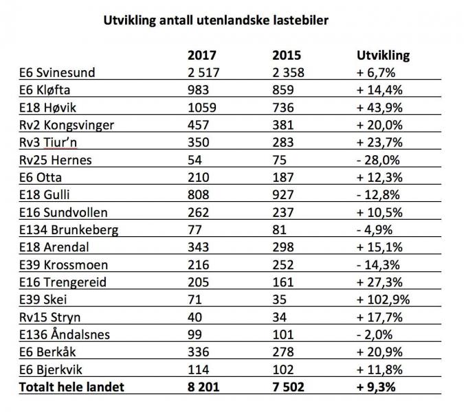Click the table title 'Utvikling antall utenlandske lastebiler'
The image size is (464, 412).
pyautogui.click(x=216, y=21)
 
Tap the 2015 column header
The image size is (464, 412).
pyautogui.click(x=287, y=56)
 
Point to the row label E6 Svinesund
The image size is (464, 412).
pyautogui.click(x=56, y=73)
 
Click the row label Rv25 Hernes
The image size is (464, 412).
pyautogui.click(x=54, y=160)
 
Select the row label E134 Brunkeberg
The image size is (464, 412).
pyautogui.click(x=65, y=230)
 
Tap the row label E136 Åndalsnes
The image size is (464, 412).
pyautogui.click(x=63, y=334)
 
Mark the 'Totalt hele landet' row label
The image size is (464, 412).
pyautogui.click(x=71, y=387)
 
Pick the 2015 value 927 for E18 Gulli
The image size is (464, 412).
pyautogui.click(x=283, y=195)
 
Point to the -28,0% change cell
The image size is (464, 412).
pyautogui.click(x=379, y=160)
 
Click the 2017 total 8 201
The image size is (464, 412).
pyautogui.click(x=204, y=387)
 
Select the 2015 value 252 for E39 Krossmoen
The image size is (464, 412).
pyautogui.click(x=283, y=265)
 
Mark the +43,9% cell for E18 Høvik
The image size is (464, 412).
pyautogui.click(x=382, y=108)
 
